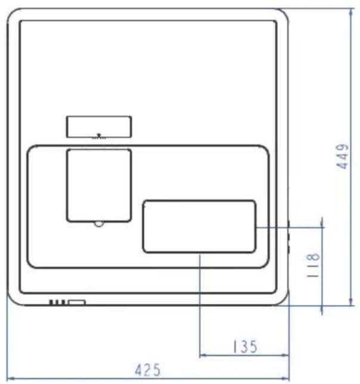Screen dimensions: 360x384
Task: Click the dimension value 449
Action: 343,157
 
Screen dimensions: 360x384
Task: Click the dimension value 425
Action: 148,370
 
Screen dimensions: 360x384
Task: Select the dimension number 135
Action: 245,346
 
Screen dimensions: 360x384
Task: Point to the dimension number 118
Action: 313,265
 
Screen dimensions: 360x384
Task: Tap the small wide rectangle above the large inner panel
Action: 99,127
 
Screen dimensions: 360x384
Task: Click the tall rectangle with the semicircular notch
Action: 99,185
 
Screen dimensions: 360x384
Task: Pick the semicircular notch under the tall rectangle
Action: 99,224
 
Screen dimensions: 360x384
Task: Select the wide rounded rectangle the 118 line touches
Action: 200,226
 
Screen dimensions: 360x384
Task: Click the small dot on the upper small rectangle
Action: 99,135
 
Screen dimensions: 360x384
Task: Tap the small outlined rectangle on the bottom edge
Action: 77,302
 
